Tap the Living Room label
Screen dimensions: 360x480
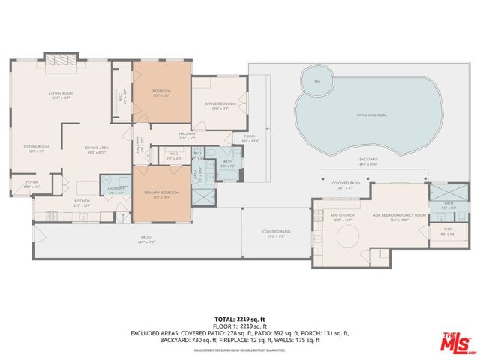pos(60,94)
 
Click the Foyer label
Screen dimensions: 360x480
pos(31,182)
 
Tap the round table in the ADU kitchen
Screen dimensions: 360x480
pos(346,238)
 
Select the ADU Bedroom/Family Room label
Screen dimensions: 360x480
pos(399,215)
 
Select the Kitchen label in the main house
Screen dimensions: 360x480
pos(82,202)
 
